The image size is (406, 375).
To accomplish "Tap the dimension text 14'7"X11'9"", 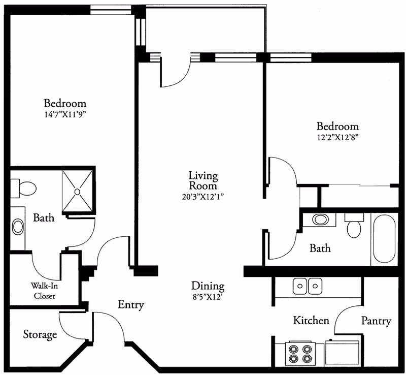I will pyautogui.click(x=65, y=114).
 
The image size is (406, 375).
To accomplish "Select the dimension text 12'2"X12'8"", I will pyautogui.click(x=337, y=137).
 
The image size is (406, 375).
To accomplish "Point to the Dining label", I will pyautogui.click(x=208, y=286).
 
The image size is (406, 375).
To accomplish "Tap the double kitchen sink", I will pyautogui.click(x=308, y=286).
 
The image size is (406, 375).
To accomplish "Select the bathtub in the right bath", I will pyautogui.click(x=384, y=239).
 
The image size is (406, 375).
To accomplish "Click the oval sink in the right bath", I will pyautogui.click(x=320, y=221).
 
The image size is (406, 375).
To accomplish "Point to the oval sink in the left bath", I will pyautogui.click(x=18, y=227).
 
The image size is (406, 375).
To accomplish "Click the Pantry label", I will pyautogui.click(x=376, y=321).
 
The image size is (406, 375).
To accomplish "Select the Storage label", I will pyautogui.click(x=40, y=335).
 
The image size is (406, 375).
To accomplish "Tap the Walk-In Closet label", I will pyautogui.click(x=44, y=291).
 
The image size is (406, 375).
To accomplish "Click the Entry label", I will pyautogui.click(x=131, y=305).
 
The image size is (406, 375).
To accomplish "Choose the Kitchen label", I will pyautogui.click(x=311, y=321).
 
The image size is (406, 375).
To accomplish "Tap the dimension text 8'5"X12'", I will pyautogui.click(x=208, y=297).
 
